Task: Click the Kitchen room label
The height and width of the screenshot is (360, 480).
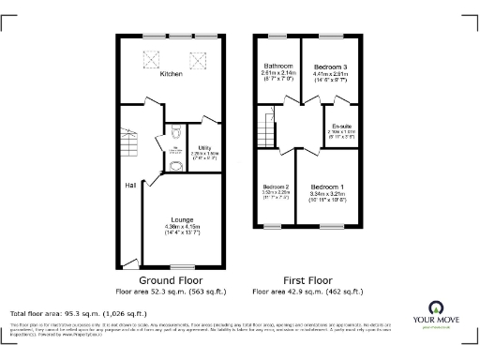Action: (x=171, y=73)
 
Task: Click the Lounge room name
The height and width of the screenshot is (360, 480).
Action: (x=182, y=219)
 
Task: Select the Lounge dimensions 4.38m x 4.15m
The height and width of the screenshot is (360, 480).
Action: (x=182, y=226)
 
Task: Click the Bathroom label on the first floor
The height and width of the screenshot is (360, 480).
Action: (x=278, y=66)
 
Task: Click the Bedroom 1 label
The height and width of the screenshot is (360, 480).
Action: (x=327, y=187)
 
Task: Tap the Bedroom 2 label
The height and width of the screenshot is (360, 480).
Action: (x=277, y=187)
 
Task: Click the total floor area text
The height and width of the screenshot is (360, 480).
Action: (x=78, y=312)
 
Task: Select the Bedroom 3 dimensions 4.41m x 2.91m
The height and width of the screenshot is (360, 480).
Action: (x=330, y=76)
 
